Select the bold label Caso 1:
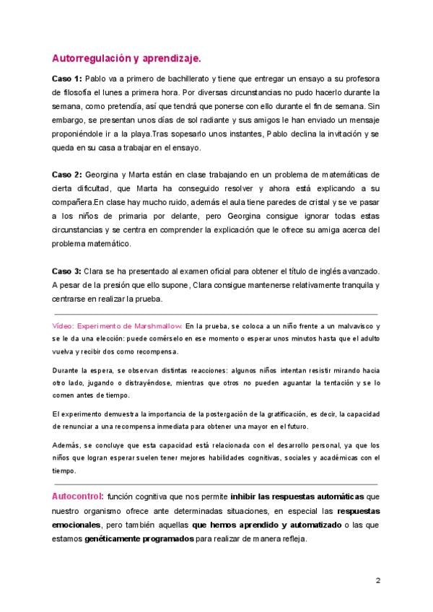point(66,79)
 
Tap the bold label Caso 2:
point(66,174)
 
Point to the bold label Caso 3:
point(66,270)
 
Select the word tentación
point(337,383)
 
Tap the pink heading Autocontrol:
point(77,497)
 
